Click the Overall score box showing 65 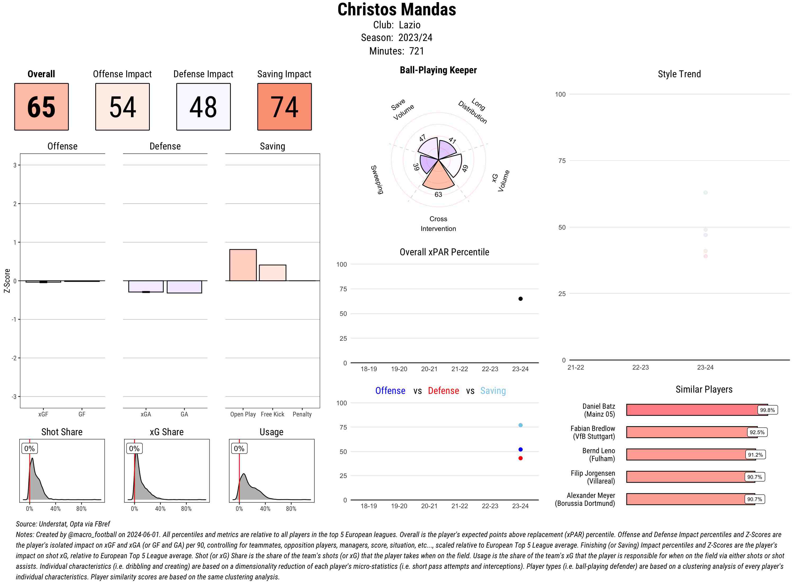(x=41, y=107)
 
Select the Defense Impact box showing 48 (x=203, y=107)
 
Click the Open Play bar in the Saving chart (x=243, y=265)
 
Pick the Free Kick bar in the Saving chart (x=272, y=273)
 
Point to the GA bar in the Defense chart (x=184, y=287)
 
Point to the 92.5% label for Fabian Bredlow (x=757, y=432)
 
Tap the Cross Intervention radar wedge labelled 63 (x=438, y=180)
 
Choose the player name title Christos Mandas (x=396, y=10)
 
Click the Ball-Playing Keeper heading (x=438, y=70)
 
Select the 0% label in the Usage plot (x=239, y=448)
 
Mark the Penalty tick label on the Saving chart (x=302, y=414)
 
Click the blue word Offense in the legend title (x=390, y=391)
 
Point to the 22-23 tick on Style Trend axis (x=640, y=367)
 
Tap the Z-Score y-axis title (x=7, y=281)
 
